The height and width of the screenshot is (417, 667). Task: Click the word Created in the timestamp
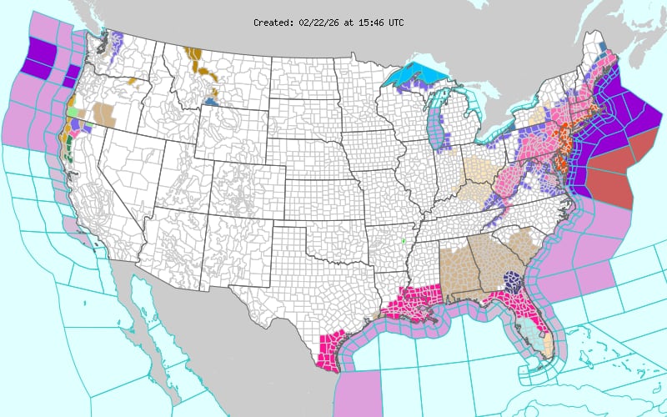click(x=273, y=23)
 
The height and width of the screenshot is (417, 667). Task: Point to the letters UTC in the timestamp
click(x=395, y=23)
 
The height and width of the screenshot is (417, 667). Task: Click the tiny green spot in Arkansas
click(x=404, y=241)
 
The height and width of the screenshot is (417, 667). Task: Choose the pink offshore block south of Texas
click(x=359, y=393)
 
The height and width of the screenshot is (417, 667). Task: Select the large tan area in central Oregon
click(x=107, y=112)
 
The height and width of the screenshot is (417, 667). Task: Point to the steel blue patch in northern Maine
click(x=604, y=48)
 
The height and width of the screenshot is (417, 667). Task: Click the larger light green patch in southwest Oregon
click(x=73, y=111)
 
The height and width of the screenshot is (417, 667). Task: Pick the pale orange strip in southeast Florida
click(x=549, y=343)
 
